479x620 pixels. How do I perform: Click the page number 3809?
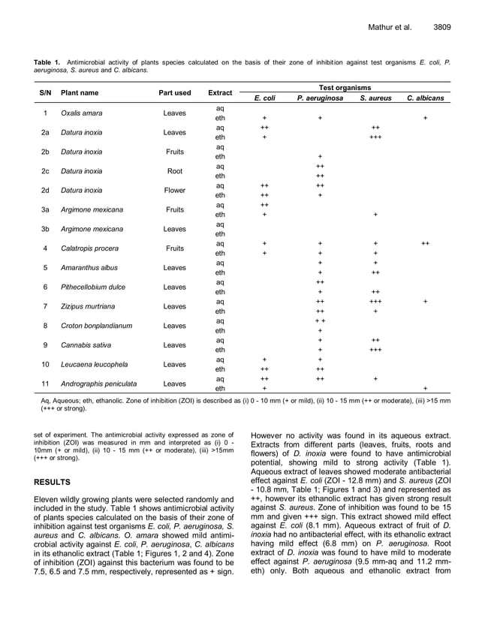[x=441, y=28]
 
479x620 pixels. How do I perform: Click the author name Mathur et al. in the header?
[x=390, y=28]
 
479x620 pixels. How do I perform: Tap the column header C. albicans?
[x=425, y=98]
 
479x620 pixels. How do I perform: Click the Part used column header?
[x=175, y=93]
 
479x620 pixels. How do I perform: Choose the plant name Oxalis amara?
[x=83, y=113]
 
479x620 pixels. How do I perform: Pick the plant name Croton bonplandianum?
[x=96, y=326]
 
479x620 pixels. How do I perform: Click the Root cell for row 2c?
[x=175, y=171]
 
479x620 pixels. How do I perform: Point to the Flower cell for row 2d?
[x=175, y=191]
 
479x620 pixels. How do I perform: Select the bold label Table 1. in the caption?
[x=48, y=62]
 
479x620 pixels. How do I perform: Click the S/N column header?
[x=45, y=93]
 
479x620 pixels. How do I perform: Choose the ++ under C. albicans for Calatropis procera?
[x=425, y=244]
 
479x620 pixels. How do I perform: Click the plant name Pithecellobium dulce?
[x=93, y=287]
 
